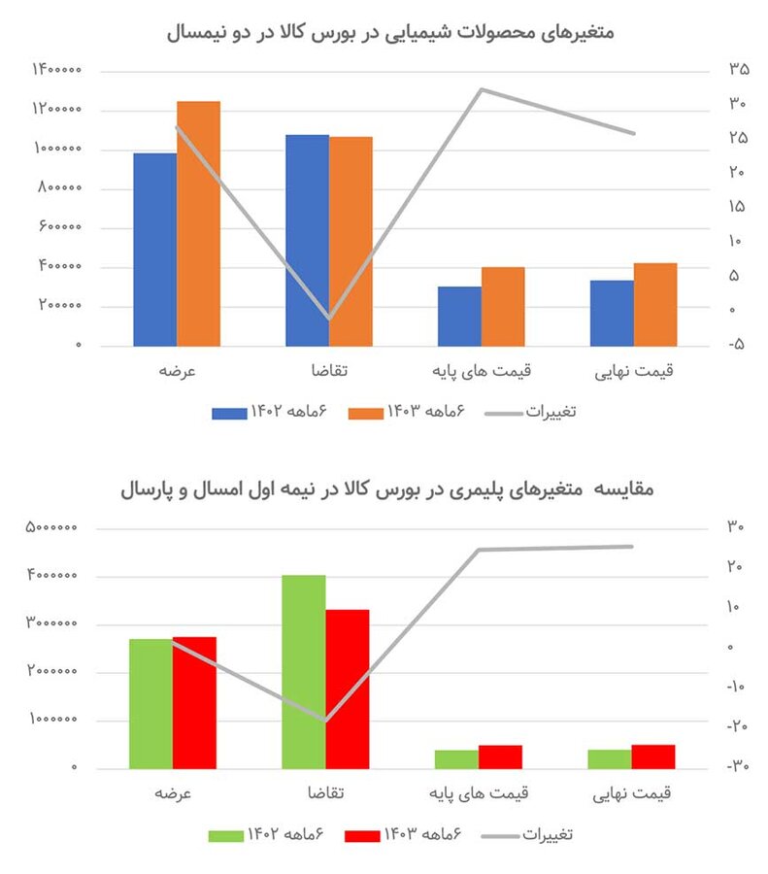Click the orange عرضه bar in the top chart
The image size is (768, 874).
click(198, 223)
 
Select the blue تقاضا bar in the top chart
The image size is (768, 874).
click(307, 240)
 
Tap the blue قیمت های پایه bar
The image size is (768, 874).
click(459, 316)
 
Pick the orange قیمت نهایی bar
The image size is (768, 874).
click(654, 304)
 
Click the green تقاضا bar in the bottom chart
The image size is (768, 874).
click(304, 671)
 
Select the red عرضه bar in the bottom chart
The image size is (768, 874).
click(194, 702)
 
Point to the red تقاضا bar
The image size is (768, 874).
click(348, 689)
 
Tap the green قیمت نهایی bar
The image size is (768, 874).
click(609, 758)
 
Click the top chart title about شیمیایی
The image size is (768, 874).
click(390, 31)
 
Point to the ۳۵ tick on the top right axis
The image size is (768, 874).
click(739, 69)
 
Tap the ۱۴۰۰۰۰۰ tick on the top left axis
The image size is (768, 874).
click(55, 70)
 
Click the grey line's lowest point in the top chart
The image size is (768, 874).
click(329, 319)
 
